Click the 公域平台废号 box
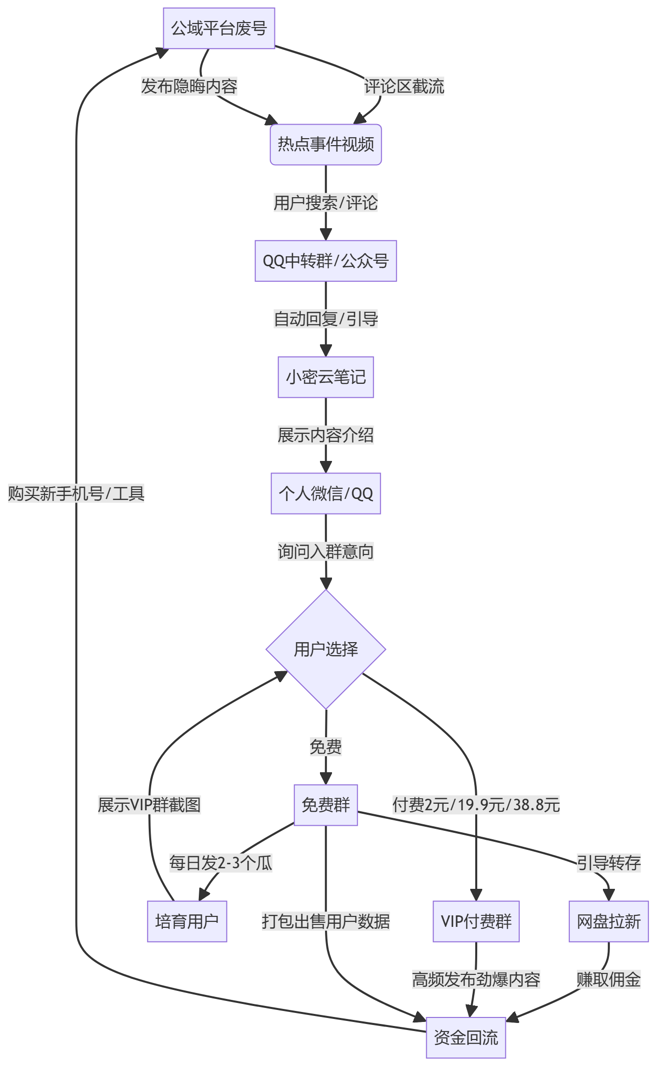click(x=219, y=29)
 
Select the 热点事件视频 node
click(x=326, y=145)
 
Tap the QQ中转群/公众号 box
click(x=326, y=261)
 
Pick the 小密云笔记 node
click(x=326, y=377)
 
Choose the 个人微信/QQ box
click(x=326, y=493)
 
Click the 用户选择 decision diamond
click(x=326, y=649)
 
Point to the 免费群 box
click(x=326, y=805)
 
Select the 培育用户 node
click(x=187, y=921)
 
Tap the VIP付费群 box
click(x=476, y=921)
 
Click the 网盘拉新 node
click(x=609, y=921)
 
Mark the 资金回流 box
click(x=466, y=1038)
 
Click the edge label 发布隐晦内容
click(x=189, y=87)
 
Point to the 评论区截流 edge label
click(x=404, y=87)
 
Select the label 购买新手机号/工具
click(x=76, y=494)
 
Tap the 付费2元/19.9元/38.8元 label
click(x=476, y=805)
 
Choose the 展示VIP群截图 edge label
click(x=149, y=805)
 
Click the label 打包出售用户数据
click(x=326, y=921)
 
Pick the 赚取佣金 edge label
click(x=609, y=979)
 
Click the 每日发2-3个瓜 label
click(x=221, y=863)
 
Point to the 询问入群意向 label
click(x=326, y=552)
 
